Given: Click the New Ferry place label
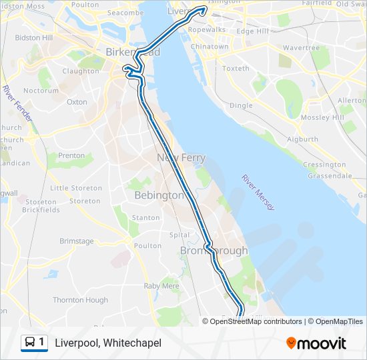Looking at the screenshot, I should coord(181,158).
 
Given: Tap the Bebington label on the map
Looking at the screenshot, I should coord(159,195).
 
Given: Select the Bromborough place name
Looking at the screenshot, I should coord(214,251).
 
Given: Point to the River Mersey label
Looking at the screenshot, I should coord(258,193).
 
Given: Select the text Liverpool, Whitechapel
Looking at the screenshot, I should coord(108,343).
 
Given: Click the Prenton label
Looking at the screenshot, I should coord(71,155).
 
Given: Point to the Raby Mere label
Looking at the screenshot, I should coord(161,285).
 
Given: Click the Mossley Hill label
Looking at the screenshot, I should coord(322,117).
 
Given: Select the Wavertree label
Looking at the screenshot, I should coord(301,48).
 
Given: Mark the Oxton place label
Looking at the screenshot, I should coord(77,102).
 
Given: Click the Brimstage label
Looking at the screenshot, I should coord(77,241).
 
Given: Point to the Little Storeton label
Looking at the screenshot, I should coord(75,188).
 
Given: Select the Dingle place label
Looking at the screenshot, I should coord(241,105).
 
